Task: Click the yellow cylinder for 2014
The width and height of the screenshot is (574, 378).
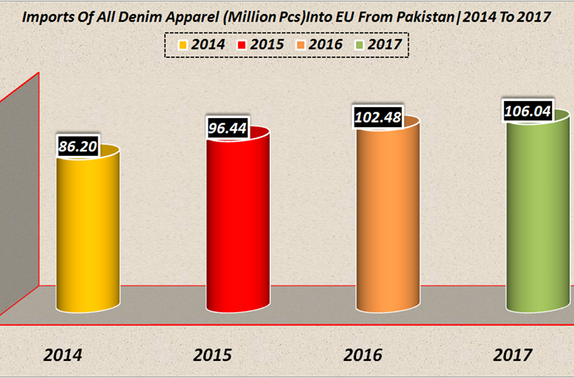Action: click(88, 233)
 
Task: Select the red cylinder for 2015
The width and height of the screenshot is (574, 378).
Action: click(237, 225)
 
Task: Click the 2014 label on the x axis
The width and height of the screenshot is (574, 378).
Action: click(64, 355)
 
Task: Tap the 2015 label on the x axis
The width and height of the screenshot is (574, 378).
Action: click(213, 355)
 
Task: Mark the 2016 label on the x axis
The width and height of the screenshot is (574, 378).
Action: click(362, 355)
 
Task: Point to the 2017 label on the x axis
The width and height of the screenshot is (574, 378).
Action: click(512, 355)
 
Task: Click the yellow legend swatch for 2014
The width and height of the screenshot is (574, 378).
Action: click(182, 45)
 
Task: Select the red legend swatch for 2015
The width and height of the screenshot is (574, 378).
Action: click(242, 45)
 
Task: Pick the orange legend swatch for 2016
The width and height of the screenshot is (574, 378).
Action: click(301, 45)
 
